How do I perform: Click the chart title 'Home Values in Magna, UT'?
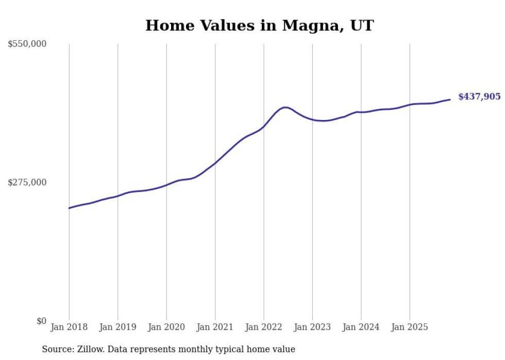point(259,25)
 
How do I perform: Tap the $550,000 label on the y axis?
point(27,44)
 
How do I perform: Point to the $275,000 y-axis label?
point(27,182)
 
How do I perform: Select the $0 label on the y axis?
point(41,321)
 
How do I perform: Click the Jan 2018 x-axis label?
point(69,327)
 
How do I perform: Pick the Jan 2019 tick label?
point(117,327)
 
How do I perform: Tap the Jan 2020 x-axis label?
point(166,327)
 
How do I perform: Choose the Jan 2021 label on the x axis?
point(215,327)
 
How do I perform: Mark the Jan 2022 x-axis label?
point(264,327)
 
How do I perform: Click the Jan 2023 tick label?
point(312,327)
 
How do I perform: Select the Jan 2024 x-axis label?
point(361,327)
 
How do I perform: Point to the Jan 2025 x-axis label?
point(410,327)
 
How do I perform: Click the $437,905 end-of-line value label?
point(479,97)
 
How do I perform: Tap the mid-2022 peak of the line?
point(285,107)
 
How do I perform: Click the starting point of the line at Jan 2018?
point(69,208)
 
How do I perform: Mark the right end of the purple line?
point(450,99)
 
